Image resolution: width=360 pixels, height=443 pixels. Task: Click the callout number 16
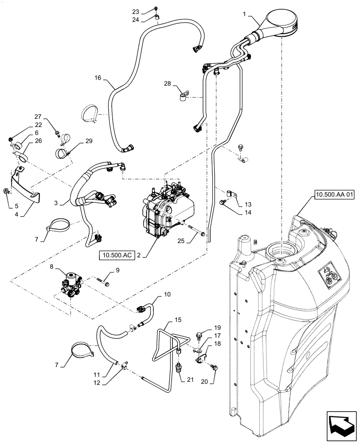click(98, 78)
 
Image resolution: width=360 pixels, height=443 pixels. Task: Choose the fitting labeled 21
click(179, 368)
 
